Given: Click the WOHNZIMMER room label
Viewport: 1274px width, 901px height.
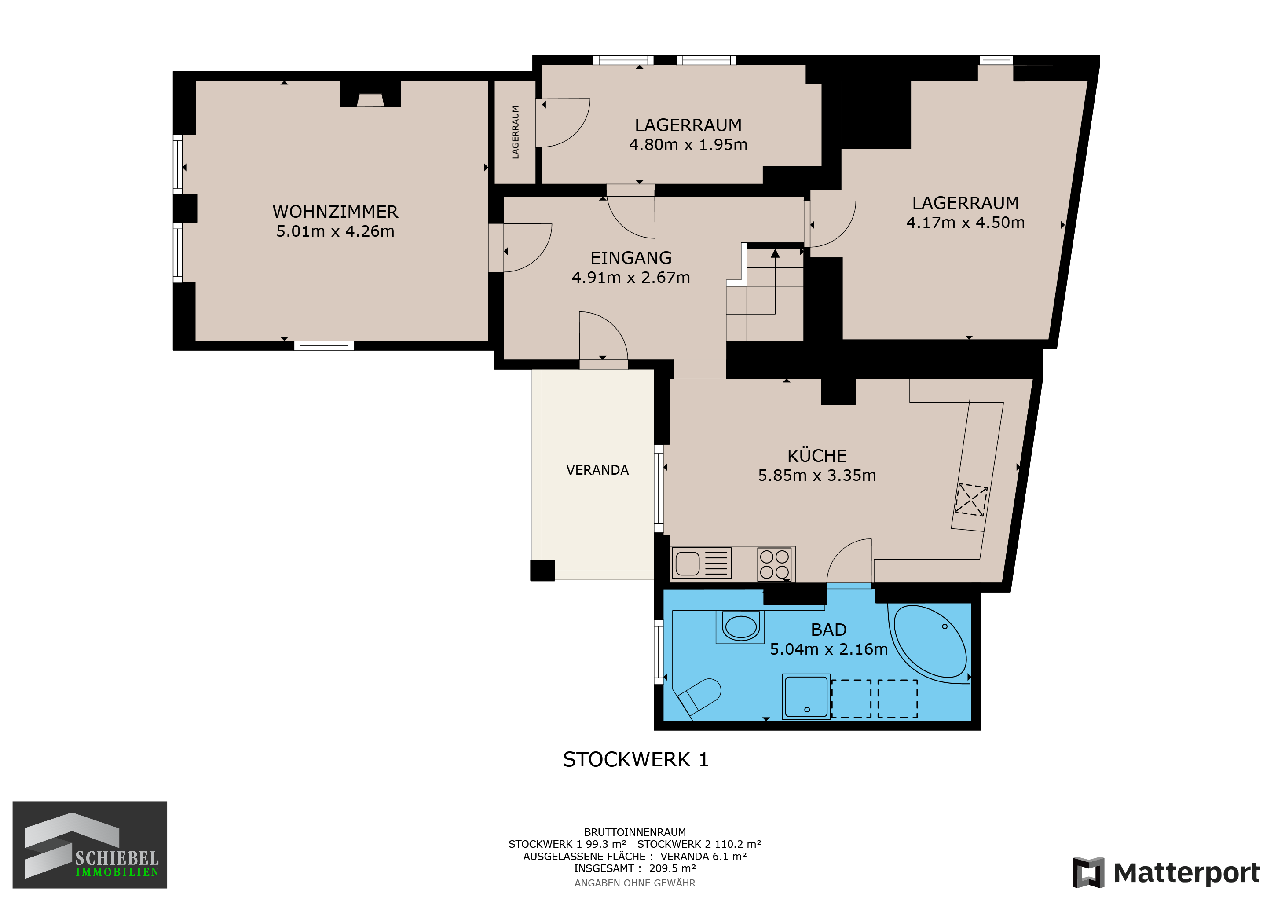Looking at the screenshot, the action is (x=335, y=212).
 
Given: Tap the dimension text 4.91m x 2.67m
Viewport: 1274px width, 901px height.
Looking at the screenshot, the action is (x=631, y=278).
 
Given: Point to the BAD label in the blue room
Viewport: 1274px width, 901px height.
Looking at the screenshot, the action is (x=828, y=630).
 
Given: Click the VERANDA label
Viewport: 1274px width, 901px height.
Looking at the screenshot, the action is (x=597, y=470).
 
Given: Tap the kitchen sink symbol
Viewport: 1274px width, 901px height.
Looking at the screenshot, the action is (x=701, y=563).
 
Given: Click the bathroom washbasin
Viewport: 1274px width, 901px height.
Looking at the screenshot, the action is (x=740, y=627).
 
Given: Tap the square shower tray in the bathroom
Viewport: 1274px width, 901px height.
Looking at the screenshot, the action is (x=806, y=697).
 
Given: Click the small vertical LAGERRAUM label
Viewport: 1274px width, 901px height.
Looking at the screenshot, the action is (x=516, y=132).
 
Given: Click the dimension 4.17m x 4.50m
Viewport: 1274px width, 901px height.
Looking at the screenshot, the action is (x=966, y=223).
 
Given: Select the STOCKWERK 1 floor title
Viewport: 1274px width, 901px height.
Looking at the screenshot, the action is (x=636, y=759).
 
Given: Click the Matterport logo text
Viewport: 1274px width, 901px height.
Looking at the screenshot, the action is (x=1187, y=873).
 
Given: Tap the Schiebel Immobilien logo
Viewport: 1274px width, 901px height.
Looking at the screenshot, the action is (x=90, y=845).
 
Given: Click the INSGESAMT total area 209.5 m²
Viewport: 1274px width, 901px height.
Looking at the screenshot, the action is (x=635, y=868).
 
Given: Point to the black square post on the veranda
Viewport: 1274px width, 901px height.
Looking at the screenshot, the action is (x=543, y=570).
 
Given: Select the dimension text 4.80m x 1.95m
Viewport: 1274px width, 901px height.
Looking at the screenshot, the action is (x=688, y=145).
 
